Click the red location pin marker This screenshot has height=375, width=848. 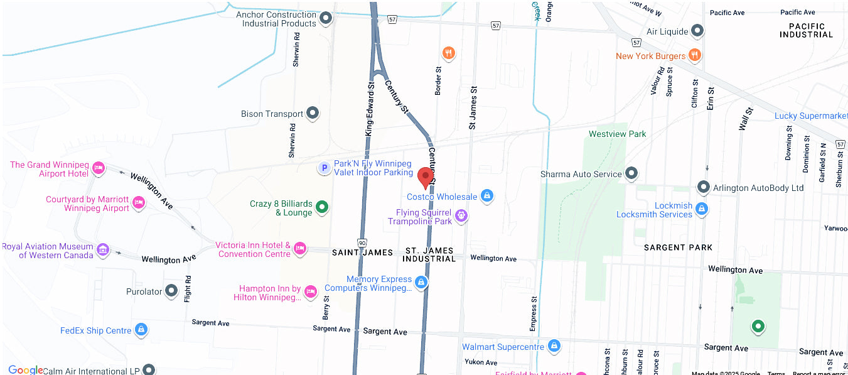426,177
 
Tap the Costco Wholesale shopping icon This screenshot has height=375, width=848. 486,197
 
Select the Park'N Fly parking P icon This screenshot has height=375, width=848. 324,168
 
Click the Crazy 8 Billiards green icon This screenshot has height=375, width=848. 322,207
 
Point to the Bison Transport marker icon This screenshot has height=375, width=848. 312,114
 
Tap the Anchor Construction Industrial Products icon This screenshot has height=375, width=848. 326,19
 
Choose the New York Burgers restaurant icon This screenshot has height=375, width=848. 694,55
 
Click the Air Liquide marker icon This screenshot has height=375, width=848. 697,31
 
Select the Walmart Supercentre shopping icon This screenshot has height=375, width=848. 554,346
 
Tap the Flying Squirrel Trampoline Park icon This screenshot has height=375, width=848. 461,216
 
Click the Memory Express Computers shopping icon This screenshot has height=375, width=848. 422,283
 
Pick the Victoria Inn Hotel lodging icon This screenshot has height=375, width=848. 300,249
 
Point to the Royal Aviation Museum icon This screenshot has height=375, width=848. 102,250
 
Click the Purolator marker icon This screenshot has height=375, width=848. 171,291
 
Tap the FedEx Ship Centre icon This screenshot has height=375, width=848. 141,330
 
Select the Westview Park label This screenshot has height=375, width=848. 617,134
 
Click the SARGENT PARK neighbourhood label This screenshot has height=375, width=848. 678,247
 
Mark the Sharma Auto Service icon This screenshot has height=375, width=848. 631,173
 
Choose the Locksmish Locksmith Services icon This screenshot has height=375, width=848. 702,209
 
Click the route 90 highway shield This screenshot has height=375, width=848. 362,243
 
